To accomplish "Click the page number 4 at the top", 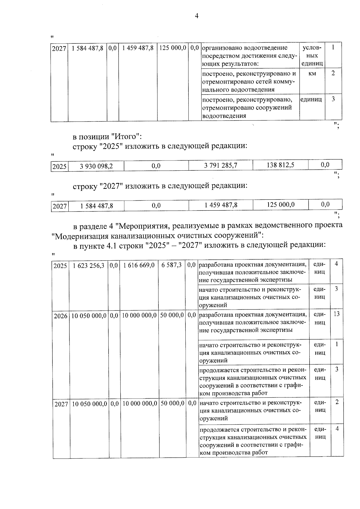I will click(196, 16).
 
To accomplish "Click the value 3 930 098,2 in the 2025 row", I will click(96, 166).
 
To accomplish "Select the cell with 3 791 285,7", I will click(220, 165).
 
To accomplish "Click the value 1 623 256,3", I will click(88, 265).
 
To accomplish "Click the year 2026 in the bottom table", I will click(61, 316).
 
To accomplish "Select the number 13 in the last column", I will click(336, 314).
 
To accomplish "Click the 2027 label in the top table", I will click(59, 49).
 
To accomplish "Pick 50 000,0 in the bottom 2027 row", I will click(172, 403).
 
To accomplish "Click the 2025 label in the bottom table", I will click(60, 266).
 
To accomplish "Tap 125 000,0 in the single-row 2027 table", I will click(280, 205).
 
